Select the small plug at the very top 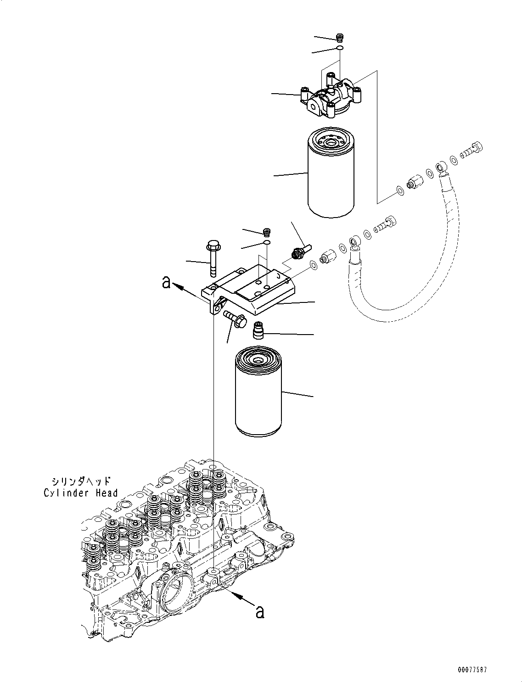340,37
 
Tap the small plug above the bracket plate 266,230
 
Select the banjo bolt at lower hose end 385,224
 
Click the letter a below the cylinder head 260,612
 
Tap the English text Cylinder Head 81,493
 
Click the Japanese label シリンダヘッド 81,481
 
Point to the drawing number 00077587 471,670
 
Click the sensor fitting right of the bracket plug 298,251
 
